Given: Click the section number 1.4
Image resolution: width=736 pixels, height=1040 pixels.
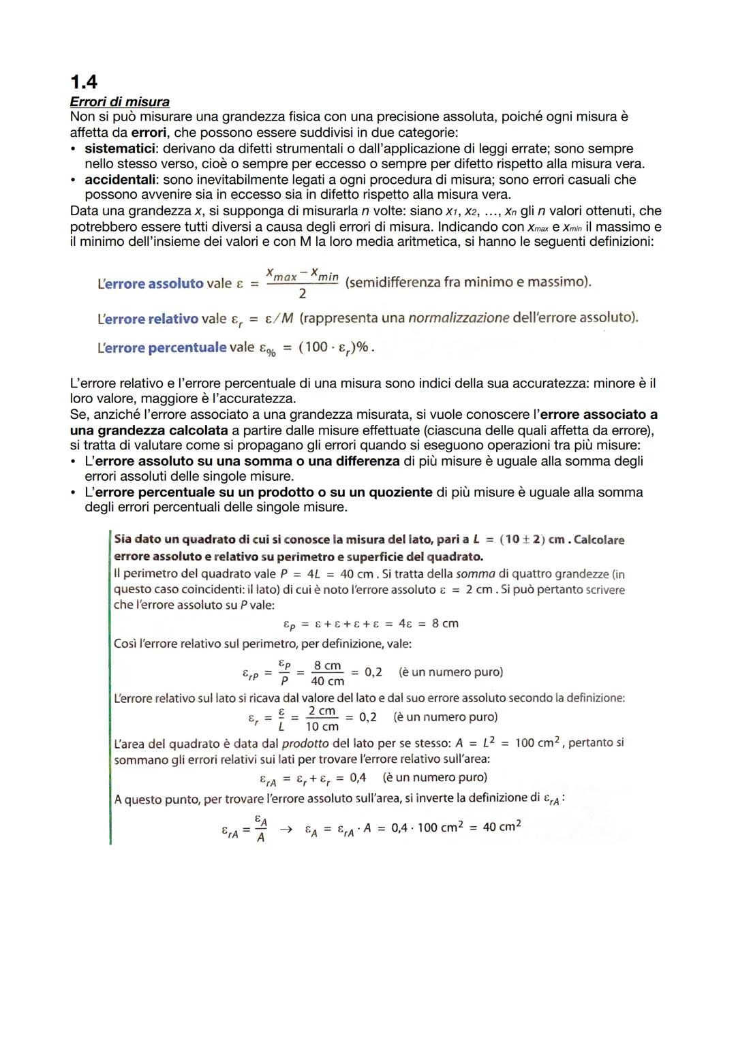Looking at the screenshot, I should tap(84, 82).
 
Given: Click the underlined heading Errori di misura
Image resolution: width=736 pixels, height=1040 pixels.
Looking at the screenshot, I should tap(120, 102).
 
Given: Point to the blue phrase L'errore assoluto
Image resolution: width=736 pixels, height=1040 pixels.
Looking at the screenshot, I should tap(150, 283).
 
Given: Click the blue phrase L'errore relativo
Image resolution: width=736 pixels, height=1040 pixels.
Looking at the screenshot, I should tap(148, 319).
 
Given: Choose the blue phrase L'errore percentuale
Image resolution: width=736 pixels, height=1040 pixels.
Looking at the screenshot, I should tap(162, 347).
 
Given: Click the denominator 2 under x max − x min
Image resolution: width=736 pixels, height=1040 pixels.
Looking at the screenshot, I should tap(302, 294).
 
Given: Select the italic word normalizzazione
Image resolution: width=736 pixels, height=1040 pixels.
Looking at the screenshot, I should tap(459, 318).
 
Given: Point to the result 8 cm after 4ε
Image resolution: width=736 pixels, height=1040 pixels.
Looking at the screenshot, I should tap(445, 623).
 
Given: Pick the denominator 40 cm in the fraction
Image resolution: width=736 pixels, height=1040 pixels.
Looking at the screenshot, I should tap(327, 681).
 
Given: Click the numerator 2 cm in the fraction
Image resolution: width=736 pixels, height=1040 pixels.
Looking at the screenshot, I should tap(322, 711).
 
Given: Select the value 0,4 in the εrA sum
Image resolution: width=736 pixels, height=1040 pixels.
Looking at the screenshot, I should tap(357, 777).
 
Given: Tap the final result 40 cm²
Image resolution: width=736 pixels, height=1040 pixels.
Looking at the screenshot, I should tap(502, 827).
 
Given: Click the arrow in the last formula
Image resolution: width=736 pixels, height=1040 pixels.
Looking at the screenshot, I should tap(287, 829).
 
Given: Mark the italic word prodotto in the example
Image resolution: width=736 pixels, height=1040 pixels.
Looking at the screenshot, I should tap(310, 744).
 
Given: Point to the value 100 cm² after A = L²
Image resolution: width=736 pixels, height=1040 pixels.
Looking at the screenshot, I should tap(536, 742).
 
